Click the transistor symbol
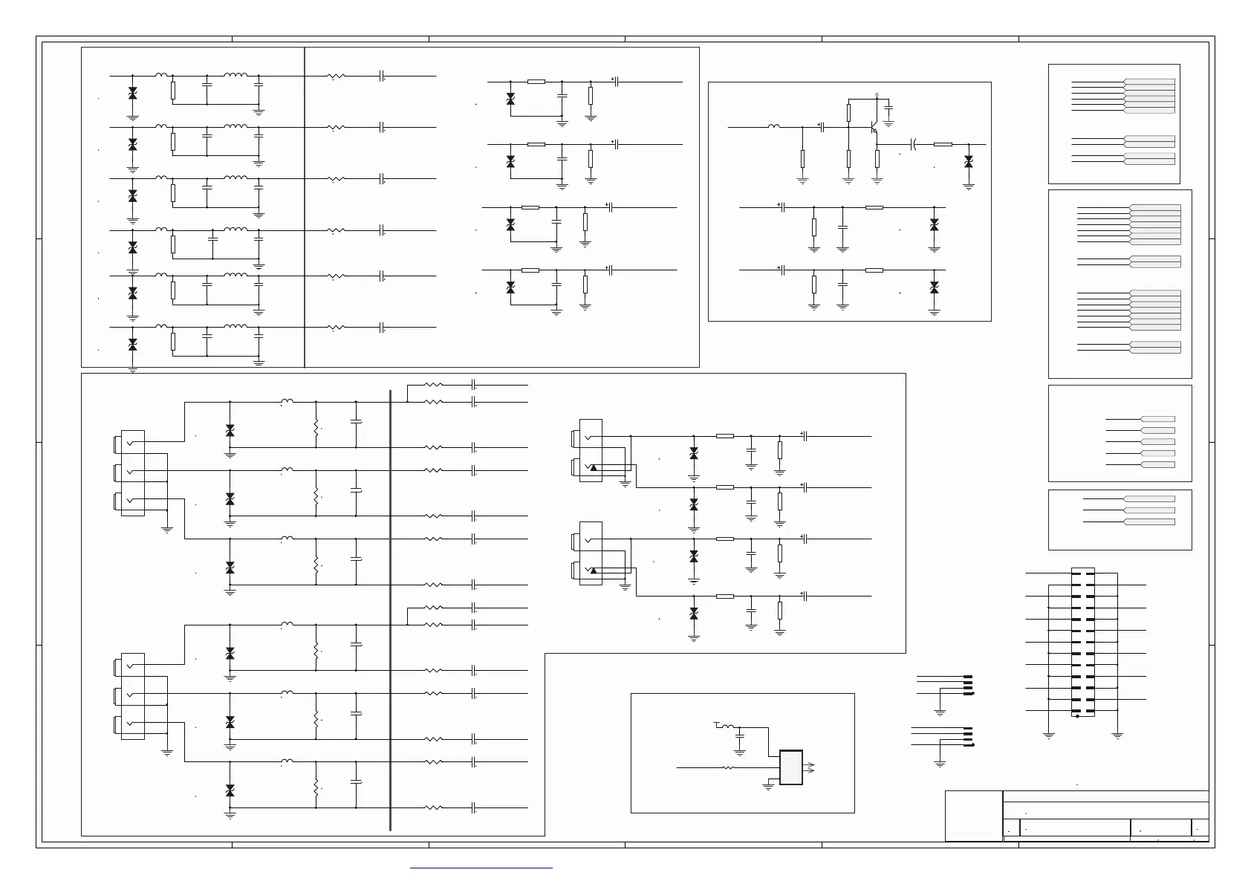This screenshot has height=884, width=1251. click(874, 127)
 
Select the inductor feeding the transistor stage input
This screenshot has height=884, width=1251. click(773, 126)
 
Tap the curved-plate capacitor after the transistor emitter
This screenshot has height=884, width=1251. click(914, 144)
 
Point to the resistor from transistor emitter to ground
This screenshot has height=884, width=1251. click(877, 158)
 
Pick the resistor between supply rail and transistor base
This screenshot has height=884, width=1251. click(848, 112)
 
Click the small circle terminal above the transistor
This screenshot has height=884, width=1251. click(877, 95)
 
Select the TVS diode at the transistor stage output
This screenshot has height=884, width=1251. click(968, 161)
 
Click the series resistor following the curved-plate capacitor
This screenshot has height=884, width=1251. click(943, 144)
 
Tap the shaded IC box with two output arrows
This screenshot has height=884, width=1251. click(791, 767)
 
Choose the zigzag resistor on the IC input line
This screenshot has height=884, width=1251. click(728, 767)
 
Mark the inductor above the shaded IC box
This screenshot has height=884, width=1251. click(728, 726)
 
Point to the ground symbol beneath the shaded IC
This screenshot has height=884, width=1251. click(769, 787)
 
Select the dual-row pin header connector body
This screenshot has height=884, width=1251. click(1083, 643)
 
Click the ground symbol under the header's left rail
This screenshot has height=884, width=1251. click(1049, 735)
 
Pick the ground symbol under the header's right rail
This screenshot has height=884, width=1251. click(1117, 735)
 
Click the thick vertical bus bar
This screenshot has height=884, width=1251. click(390, 609)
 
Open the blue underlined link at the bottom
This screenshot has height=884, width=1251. click(481, 867)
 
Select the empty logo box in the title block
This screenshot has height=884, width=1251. click(973, 816)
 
